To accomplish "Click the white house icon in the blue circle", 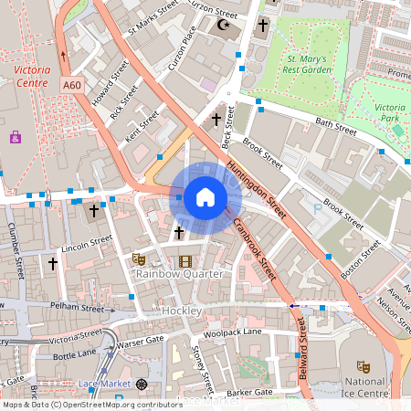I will point(205,197).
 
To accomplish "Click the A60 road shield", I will point(73,85).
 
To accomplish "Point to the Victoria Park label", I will point(389,113).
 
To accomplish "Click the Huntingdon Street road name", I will point(258,183).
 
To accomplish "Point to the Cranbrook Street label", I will point(255,250).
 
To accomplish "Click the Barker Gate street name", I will point(249,393).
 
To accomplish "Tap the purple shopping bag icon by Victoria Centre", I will point(16,137).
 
